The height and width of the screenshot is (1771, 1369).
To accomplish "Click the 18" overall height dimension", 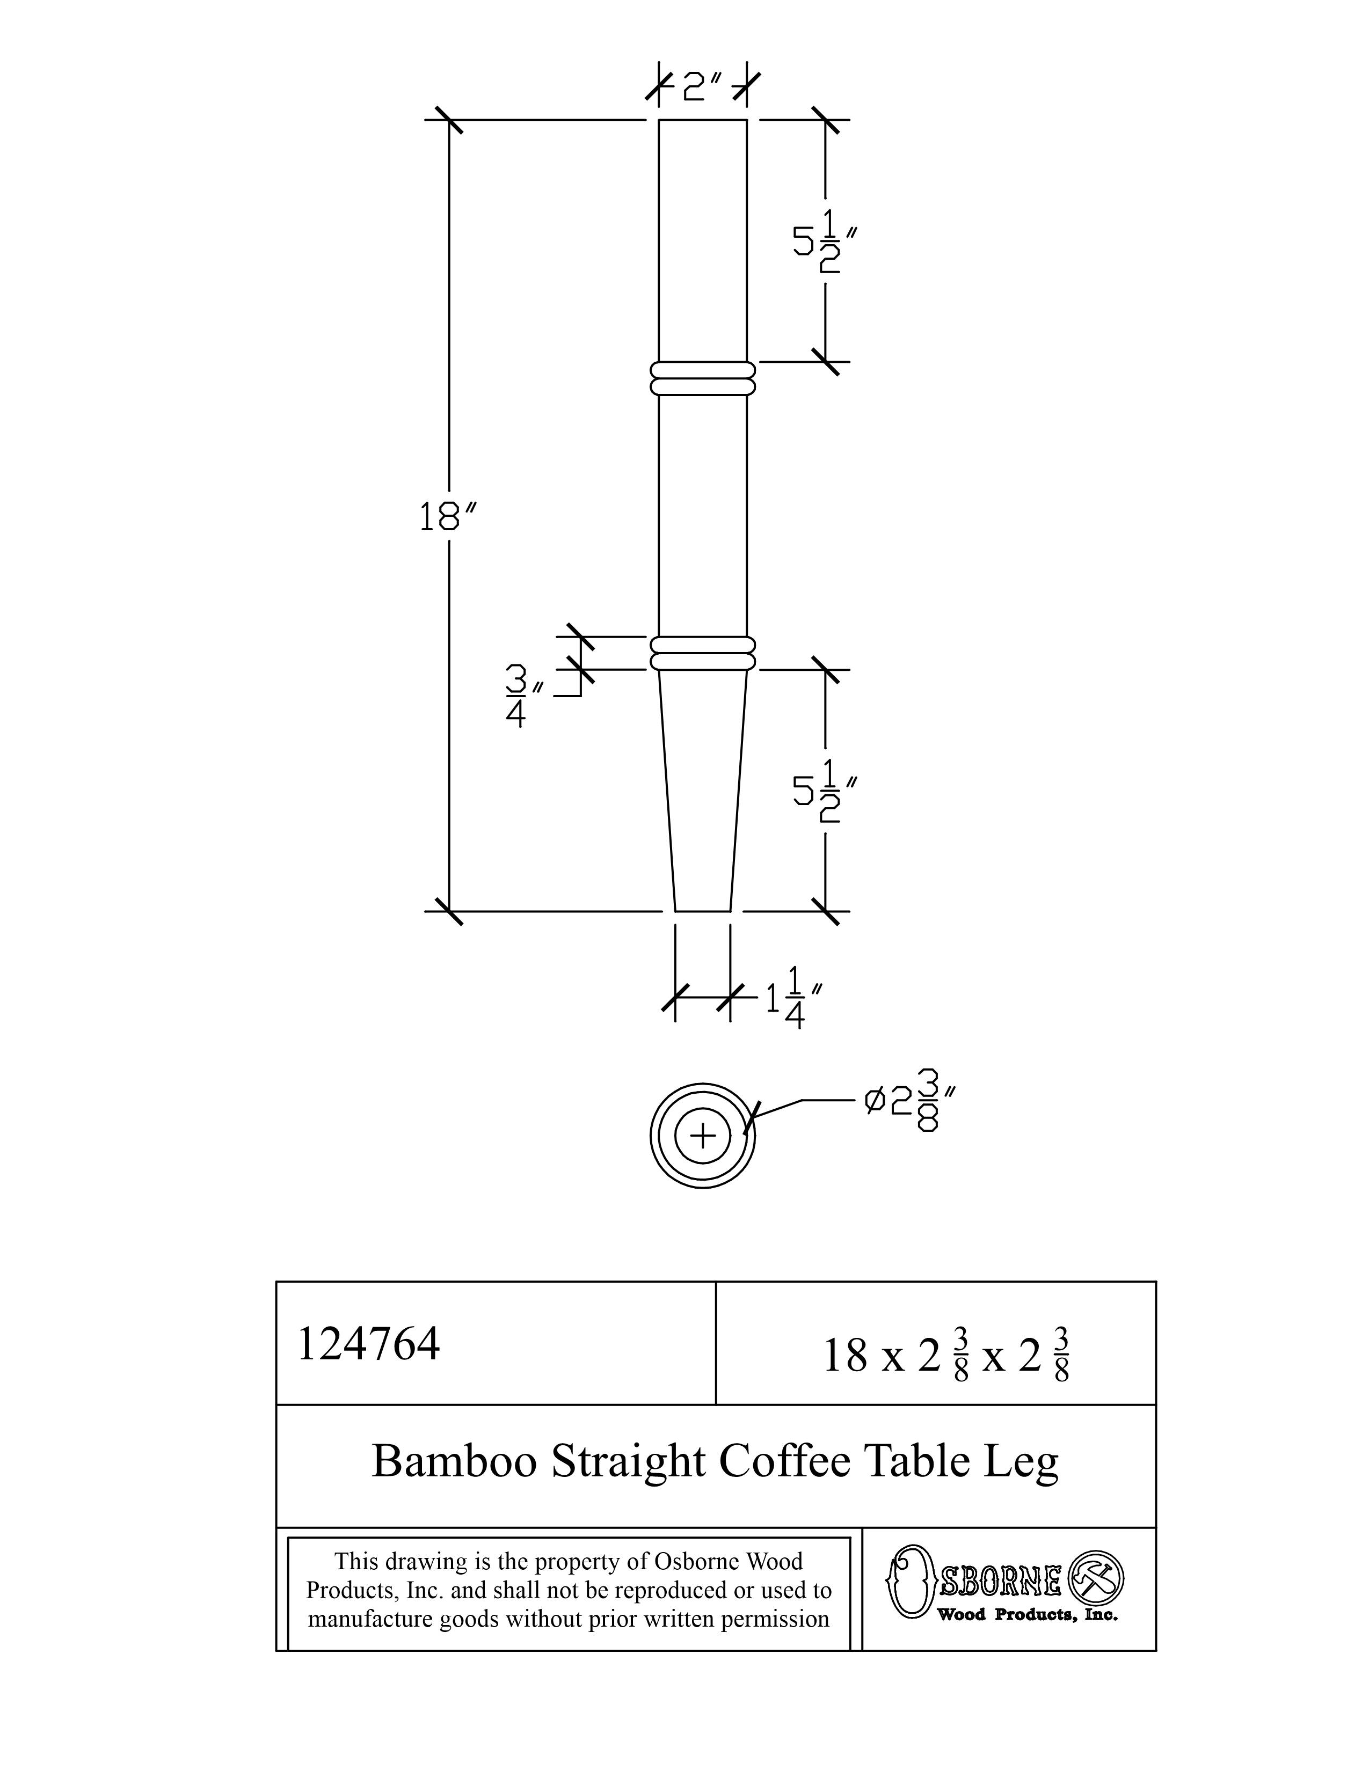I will pos(447,516).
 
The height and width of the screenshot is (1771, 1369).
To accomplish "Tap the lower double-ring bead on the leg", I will pos(702,654).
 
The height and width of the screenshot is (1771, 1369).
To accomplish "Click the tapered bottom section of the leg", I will pos(702,795).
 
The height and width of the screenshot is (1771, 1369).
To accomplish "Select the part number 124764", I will pos(369,1344).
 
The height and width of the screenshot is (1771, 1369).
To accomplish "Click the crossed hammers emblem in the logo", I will pos(1096,1577).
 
